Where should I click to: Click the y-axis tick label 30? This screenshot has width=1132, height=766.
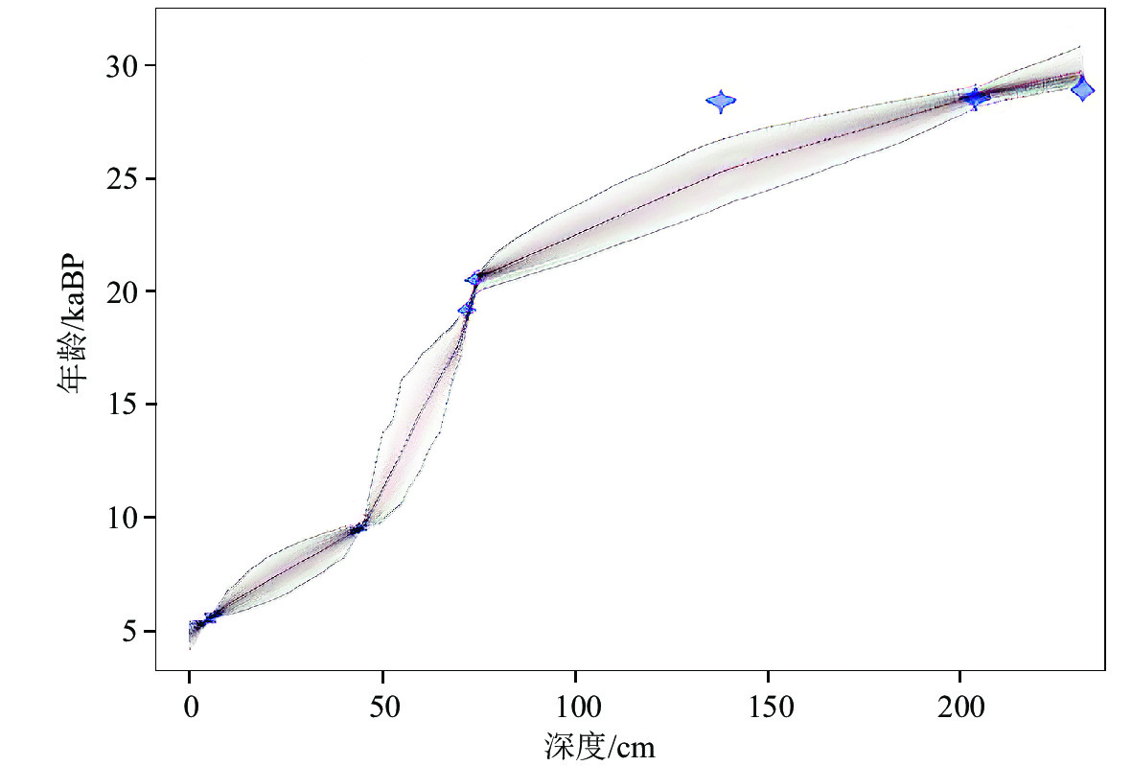[123, 66]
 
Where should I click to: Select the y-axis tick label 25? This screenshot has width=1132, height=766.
[123, 179]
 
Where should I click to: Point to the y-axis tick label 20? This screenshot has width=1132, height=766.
[123, 291]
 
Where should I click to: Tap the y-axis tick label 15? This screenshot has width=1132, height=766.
[123, 405]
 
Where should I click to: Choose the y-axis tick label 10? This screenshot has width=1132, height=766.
[123, 518]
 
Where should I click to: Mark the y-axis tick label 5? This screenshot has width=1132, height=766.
[131, 631]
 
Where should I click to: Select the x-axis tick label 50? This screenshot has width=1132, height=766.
[382, 708]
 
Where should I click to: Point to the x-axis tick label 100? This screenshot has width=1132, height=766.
[575, 708]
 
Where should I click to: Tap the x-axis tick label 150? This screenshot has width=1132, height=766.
[768, 708]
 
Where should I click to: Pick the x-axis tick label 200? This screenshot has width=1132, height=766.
[960, 708]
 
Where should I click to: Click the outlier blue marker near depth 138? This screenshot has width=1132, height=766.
[721, 101]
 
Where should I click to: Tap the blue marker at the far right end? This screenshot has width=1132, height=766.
[1082, 89]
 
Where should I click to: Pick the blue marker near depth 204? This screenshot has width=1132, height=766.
[975, 97]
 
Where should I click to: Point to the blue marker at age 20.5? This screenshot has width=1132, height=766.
[474, 278]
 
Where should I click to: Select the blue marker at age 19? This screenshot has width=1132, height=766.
[467, 309]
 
